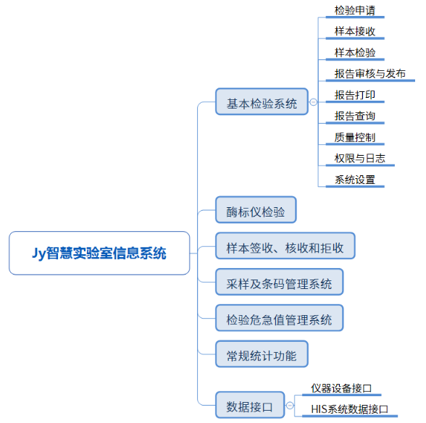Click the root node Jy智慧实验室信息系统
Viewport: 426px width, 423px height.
click(99, 253)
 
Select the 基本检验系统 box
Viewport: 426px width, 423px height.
click(262, 101)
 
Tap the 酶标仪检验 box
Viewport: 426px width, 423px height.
click(256, 210)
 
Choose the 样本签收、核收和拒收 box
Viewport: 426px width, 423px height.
click(285, 246)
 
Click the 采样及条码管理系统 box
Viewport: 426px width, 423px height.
click(280, 282)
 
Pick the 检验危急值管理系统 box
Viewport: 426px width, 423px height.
click(280, 318)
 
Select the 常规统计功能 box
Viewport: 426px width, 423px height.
click(262, 354)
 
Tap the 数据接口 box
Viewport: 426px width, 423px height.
click(250, 405)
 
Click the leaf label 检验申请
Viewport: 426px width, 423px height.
click(355, 11)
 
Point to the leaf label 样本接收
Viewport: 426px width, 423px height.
click(355, 32)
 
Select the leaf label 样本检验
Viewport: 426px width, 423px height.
click(355, 53)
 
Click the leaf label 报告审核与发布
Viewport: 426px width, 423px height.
click(370, 74)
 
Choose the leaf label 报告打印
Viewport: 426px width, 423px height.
click(355, 95)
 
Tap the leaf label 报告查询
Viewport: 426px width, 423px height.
click(355, 116)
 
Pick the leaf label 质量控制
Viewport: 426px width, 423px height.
click(355, 137)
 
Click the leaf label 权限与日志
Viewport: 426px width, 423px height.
click(359, 159)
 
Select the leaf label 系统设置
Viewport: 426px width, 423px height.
click(355, 180)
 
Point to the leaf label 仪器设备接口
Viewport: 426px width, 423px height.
click(341, 388)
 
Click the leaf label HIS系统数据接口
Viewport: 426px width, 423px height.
click(349, 409)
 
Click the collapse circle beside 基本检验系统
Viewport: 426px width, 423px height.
click(313, 102)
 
